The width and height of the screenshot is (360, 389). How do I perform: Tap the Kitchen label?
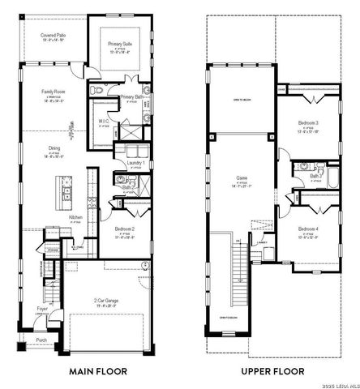[75, 217]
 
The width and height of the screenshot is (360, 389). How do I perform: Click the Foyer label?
[41, 309]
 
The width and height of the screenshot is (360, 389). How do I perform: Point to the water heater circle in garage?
[145, 266]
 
